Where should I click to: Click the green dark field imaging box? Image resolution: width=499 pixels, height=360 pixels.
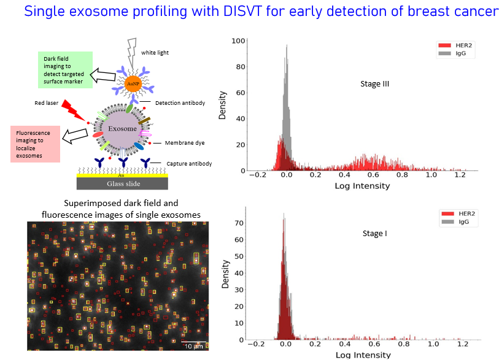[x=64, y=67]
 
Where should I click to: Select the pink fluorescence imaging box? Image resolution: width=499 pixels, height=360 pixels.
[x=36, y=145]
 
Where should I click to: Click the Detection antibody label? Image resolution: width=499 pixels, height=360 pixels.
[x=180, y=102]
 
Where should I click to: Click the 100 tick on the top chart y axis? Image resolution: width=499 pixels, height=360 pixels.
[x=238, y=40]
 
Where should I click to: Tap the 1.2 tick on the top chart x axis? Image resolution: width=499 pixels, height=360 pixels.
[x=460, y=175]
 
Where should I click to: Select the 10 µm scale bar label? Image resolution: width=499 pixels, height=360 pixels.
[x=194, y=347]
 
